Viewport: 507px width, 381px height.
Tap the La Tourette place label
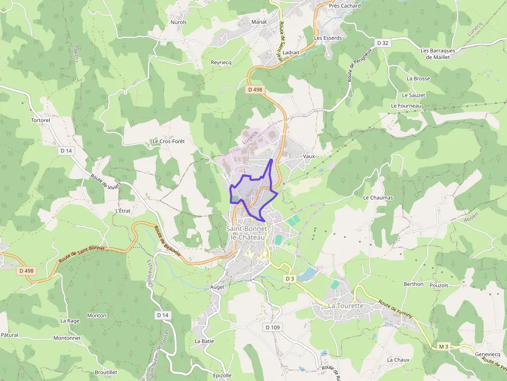[x=346, y=306]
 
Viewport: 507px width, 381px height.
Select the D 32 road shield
[x=382, y=43]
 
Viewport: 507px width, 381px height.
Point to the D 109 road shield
[x=272, y=327]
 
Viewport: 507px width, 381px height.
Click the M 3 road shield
[x=443, y=346]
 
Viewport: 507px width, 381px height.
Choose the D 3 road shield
[x=290, y=279]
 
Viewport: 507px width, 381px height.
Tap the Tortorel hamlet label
[x=40, y=120]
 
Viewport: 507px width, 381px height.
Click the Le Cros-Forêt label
[x=168, y=141]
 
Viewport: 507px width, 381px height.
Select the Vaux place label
[x=309, y=156]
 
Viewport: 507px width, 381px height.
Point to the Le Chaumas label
[x=378, y=197]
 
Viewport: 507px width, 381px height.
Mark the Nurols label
[x=178, y=22]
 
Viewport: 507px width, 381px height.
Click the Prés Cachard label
[x=345, y=6]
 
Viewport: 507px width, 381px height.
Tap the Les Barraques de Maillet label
[x=438, y=54]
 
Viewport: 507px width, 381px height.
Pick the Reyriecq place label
[x=221, y=62]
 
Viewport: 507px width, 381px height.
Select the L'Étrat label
[x=123, y=211]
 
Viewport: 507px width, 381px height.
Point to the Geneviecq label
[x=488, y=354]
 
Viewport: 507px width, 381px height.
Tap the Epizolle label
[x=222, y=375]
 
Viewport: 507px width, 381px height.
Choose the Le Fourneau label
[x=406, y=106]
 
